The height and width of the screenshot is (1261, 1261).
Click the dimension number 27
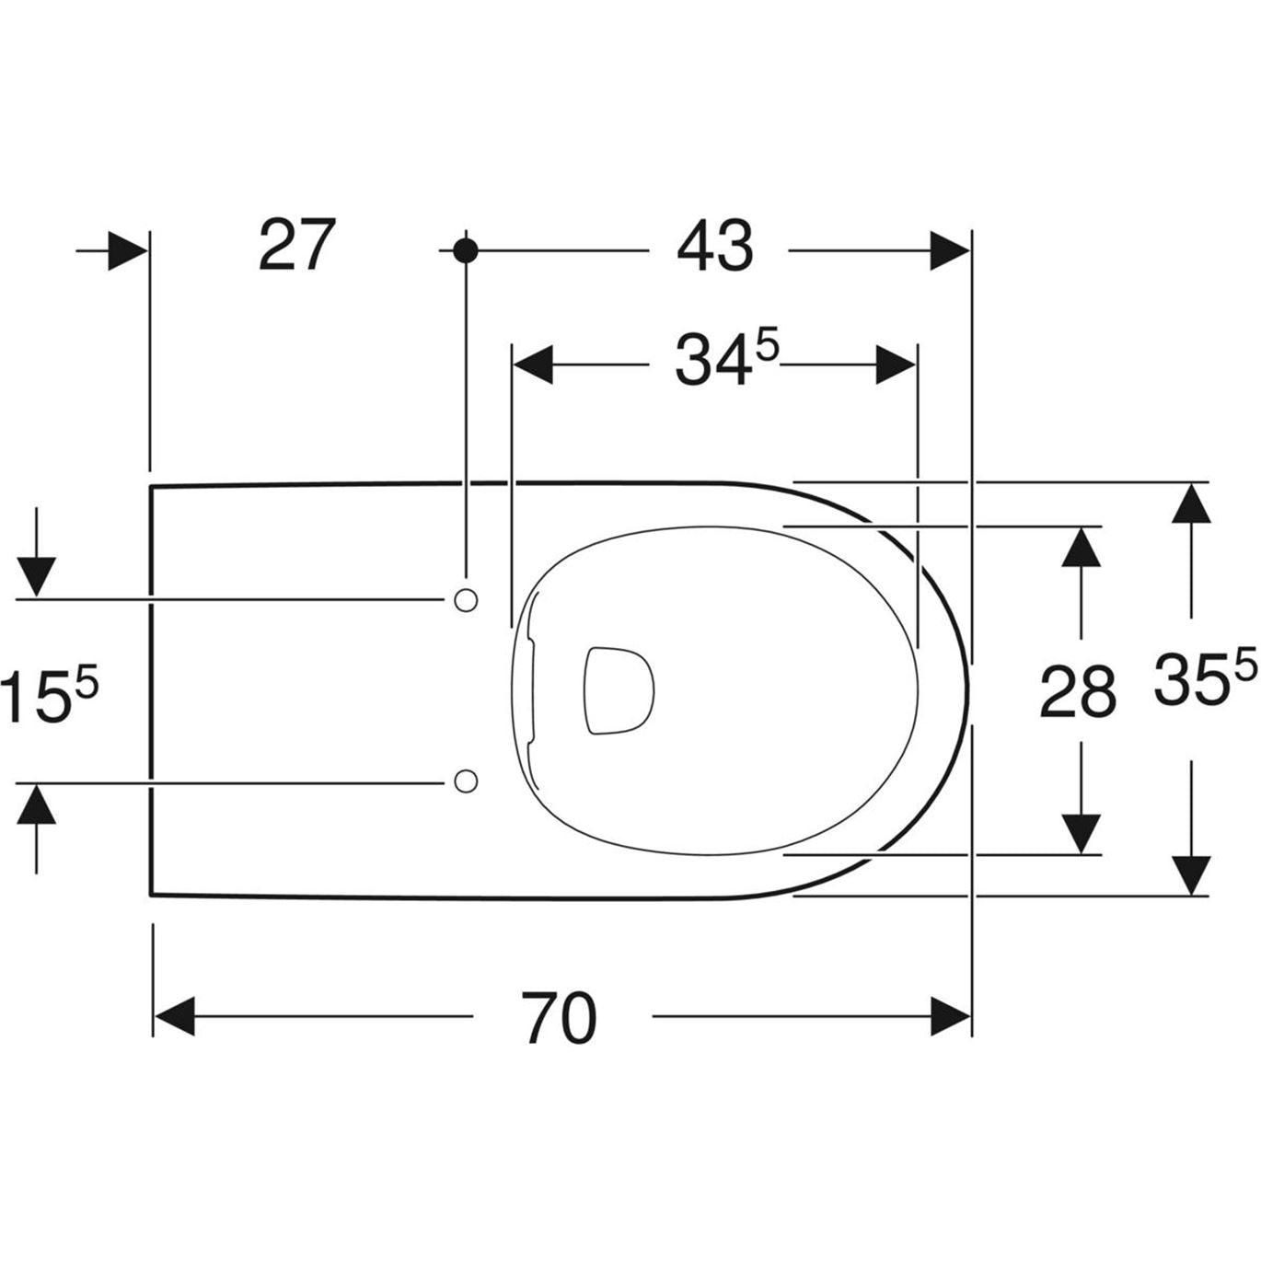(x=296, y=246)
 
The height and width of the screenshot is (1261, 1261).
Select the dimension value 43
(x=715, y=248)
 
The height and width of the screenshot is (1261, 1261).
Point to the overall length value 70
(x=560, y=1019)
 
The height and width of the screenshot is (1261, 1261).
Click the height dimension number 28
(x=1078, y=692)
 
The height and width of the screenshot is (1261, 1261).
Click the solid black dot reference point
(x=466, y=249)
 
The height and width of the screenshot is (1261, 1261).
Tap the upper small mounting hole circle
(x=467, y=600)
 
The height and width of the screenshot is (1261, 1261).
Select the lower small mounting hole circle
(x=467, y=781)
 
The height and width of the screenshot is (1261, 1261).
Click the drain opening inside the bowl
(x=619, y=689)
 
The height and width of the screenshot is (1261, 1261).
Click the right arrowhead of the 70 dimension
(x=950, y=1016)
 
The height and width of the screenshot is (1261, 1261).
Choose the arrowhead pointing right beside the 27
(x=127, y=250)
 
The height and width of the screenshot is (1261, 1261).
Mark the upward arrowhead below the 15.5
(x=36, y=804)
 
